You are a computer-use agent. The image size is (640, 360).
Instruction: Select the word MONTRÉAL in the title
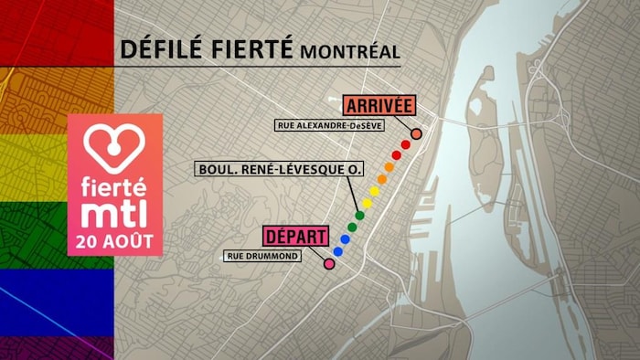[348, 50]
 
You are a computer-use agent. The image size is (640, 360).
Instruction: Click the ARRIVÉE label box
[379, 104]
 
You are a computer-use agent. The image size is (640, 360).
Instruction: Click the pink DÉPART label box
[295, 237]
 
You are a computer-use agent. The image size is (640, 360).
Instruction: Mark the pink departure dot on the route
[329, 264]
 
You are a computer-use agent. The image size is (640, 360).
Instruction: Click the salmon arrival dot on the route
[417, 133]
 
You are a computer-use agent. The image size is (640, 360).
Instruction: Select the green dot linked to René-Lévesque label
[359, 216]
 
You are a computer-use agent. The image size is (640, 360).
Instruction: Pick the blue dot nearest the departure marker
[337, 251]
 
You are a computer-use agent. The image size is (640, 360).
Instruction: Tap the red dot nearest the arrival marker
[406, 144]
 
